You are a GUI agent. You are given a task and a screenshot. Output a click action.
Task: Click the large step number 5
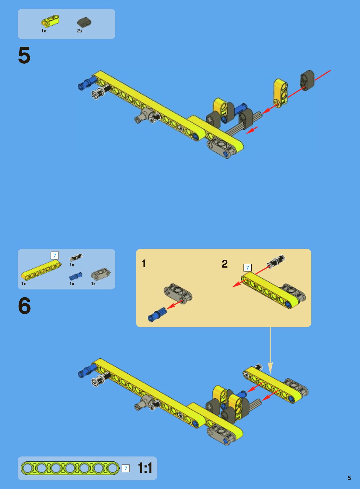click(24, 55)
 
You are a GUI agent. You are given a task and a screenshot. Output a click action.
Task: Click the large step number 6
click(24, 306)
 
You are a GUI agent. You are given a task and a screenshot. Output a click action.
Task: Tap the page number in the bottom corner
click(349, 478)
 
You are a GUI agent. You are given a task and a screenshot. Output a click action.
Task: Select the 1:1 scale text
click(145, 468)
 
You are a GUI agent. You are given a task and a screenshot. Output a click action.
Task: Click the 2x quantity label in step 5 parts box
click(80, 31)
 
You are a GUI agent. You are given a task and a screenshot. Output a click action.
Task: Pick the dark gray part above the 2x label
click(84, 22)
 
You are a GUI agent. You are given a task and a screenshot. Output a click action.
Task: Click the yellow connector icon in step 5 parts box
click(50, 21)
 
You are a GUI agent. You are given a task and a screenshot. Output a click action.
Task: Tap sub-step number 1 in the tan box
click(144, 263)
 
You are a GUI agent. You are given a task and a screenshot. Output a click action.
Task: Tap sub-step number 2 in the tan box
click(225, 264)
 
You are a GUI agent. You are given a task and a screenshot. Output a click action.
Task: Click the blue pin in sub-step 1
click(157, 314)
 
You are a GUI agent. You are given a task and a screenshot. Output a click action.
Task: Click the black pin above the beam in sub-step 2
click(276, 261)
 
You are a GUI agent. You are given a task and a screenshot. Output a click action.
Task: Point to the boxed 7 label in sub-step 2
click(247, 268)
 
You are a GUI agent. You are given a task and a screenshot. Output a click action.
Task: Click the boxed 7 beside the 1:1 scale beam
click(126, 469)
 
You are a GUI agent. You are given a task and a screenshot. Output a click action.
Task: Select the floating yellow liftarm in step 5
click(281, 93)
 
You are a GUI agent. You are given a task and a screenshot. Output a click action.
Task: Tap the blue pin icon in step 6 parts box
click(76, 276)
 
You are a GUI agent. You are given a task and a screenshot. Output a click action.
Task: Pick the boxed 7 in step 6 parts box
click(55, 255)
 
